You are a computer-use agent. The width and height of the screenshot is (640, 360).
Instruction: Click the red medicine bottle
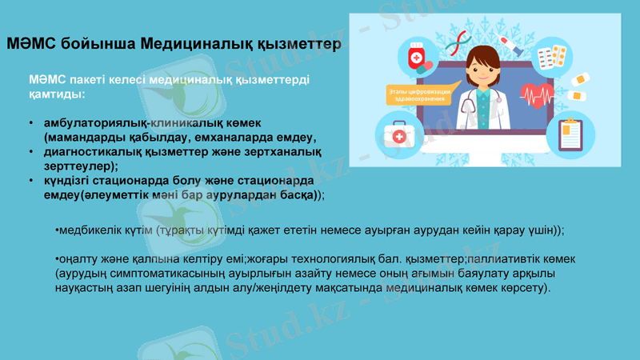[x=417, y=57]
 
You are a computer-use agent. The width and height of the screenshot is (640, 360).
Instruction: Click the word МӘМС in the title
[x=28, y=42]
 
